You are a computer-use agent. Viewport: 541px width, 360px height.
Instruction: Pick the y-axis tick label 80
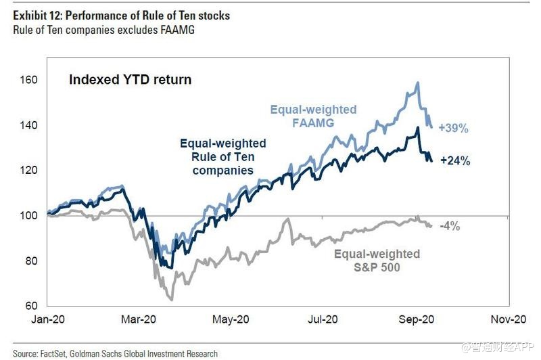(x=30, y=261)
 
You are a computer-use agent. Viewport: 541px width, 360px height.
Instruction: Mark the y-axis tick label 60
(x=30, y=307)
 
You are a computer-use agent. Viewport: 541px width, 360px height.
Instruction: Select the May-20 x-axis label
(x=230, y=319)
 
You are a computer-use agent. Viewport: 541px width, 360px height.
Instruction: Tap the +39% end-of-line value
(x=454, y=127)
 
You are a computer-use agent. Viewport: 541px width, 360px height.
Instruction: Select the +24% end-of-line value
(x=454, y=161)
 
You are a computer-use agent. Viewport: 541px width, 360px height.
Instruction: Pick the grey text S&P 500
(x=376, y=267)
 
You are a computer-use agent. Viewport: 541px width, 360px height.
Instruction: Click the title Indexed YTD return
(x=130, y=80)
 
